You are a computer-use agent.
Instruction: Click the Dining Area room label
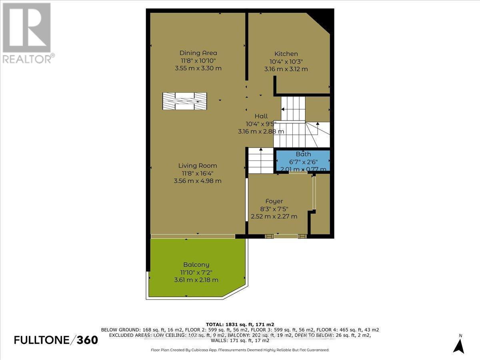(198, 53)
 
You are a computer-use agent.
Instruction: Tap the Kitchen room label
(286, 54)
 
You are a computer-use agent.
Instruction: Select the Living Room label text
(198, 166)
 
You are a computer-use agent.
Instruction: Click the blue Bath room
(303, 161)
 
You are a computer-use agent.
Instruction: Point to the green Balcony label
(196, 265)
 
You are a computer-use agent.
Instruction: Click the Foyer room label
(274, 201)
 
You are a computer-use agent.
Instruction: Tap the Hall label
(261, 116)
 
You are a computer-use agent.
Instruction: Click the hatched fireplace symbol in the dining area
(184, 101)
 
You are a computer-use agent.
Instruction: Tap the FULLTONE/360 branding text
(56, 340)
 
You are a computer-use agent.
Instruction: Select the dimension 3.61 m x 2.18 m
(196, 280)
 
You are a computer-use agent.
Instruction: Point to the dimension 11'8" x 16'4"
(198, 173)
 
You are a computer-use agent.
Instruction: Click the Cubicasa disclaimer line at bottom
(240, 350)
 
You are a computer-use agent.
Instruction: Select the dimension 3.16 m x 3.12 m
(286, 69)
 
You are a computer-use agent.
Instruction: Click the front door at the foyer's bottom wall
(286, 236)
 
